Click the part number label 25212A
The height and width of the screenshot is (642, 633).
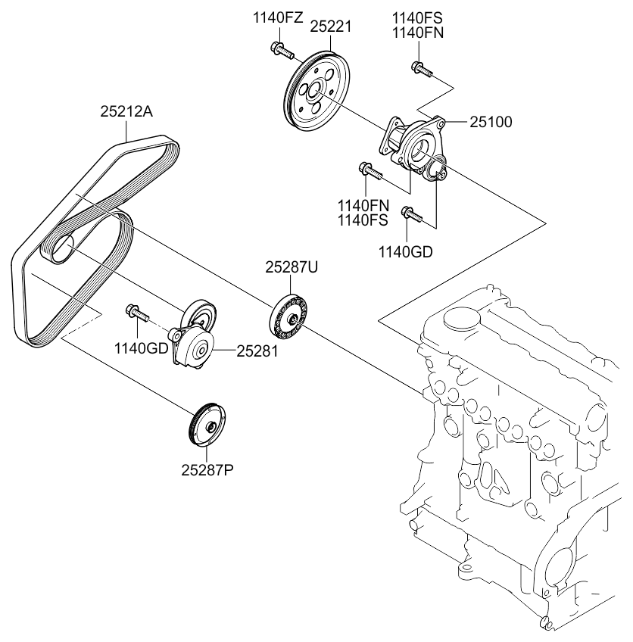tap(126, 112)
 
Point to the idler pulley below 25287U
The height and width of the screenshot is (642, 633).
tap(288, 314)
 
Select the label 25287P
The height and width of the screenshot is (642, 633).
tap(207, 469)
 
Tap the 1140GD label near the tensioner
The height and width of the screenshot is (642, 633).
tap(140, 349)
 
